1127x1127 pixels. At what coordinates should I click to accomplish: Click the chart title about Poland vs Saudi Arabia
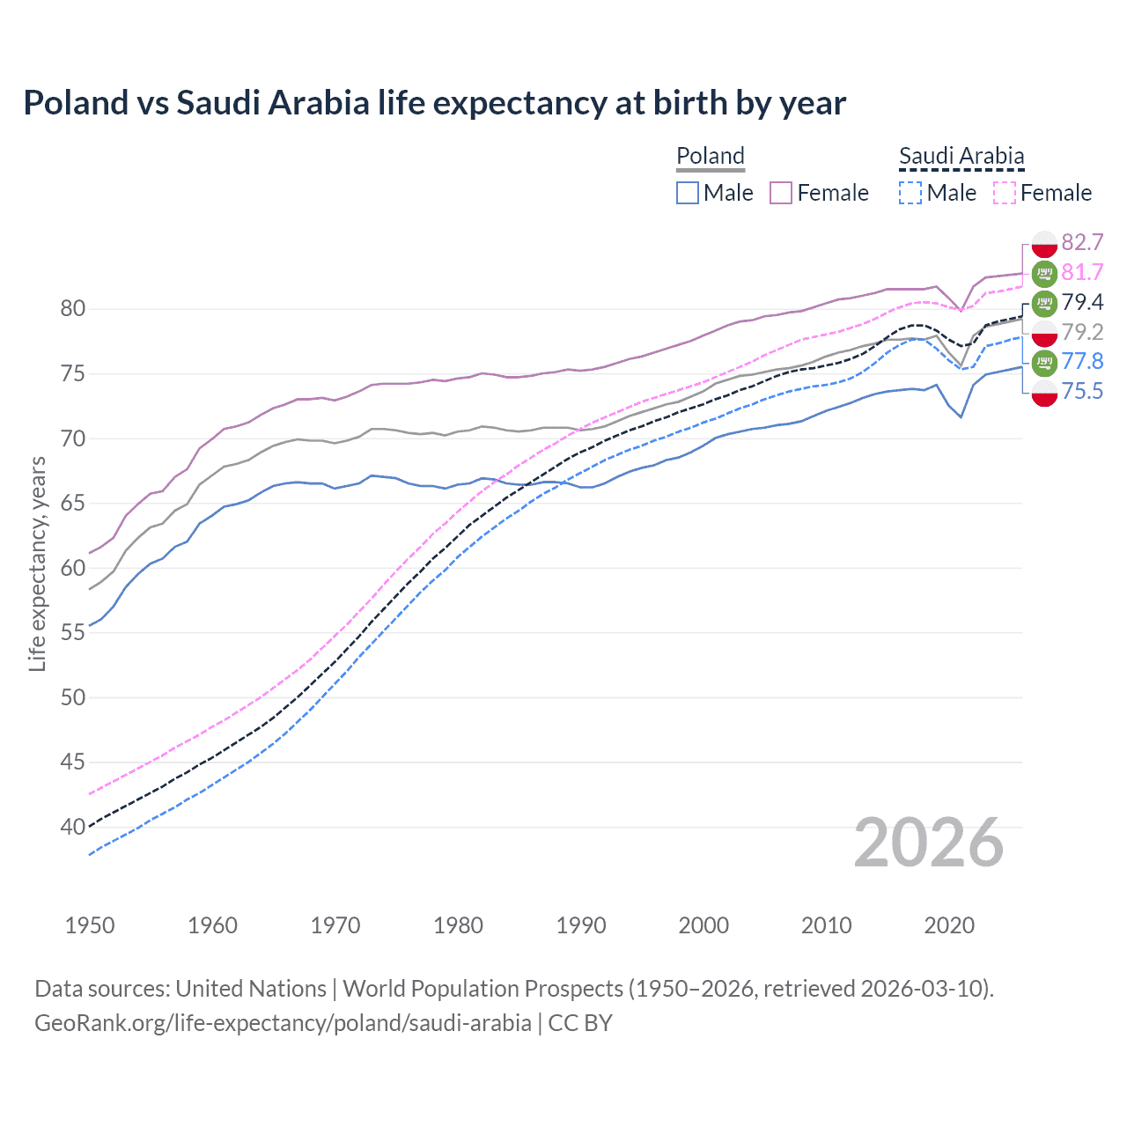coord(434,103)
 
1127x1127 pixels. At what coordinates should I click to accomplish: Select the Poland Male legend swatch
coord(688,193)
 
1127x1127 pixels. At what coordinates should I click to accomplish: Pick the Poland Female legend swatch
coord(781,193)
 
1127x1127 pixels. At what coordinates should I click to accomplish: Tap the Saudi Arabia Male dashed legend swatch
coord(910,193)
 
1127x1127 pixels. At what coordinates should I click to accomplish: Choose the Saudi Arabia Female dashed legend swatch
coord(1005,193)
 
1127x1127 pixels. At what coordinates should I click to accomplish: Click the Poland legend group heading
coord(711,156)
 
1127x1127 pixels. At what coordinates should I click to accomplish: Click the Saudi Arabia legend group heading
coord(961,156)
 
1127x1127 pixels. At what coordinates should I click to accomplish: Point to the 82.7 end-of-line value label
coord(1082,242)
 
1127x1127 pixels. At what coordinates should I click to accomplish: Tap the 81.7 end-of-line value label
coord(1082,272)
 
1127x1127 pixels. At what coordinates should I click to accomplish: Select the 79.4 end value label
coord(1082,302)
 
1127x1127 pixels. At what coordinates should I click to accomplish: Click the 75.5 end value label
coord(1082,391)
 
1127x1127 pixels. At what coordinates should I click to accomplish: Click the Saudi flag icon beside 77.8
coord(1044,361)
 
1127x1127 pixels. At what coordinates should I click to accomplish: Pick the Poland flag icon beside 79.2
coord(1044,332)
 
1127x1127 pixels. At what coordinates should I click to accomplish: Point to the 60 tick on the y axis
coord(73,568)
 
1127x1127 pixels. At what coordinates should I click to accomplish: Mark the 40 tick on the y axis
coord(73,827)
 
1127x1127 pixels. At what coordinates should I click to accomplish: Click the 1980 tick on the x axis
coord(458,925)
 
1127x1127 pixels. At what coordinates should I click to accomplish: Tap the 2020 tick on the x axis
coord(949,925)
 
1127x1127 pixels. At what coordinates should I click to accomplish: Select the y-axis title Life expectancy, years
coord(37,563)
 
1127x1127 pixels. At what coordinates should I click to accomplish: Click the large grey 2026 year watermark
coord(928,843)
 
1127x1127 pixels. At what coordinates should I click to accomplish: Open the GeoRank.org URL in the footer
coord(283,1022)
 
